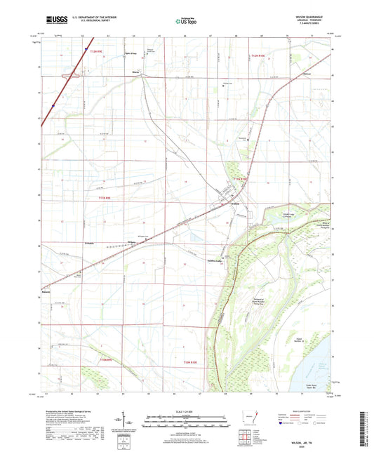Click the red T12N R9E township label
pos(93,51)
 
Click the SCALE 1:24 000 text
pos(186,411)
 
